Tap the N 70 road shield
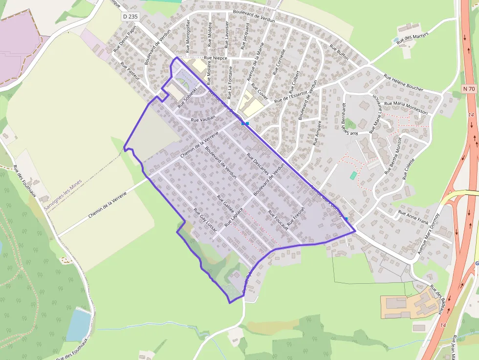[469, 89]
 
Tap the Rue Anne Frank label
[413, 216]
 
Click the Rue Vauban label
[203, 119]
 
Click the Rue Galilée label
[226, 205]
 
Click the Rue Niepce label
[216, 58]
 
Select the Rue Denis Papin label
[124, 39]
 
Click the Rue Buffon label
[339, 52]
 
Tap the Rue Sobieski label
[187, 97]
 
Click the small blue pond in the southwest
[78, 324]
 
